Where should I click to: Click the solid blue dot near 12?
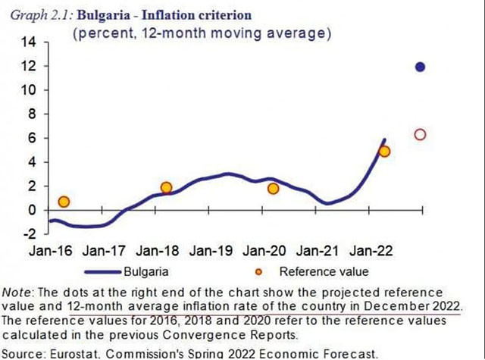420,67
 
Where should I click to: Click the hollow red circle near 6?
420,135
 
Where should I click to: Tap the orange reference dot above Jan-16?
64,202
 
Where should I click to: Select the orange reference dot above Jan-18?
167,188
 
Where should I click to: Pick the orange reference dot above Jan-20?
274,188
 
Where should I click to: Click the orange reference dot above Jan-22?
384,152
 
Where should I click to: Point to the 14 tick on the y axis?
28,42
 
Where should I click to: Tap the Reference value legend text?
324,271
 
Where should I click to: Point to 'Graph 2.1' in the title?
33,14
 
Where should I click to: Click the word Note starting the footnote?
15,292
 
